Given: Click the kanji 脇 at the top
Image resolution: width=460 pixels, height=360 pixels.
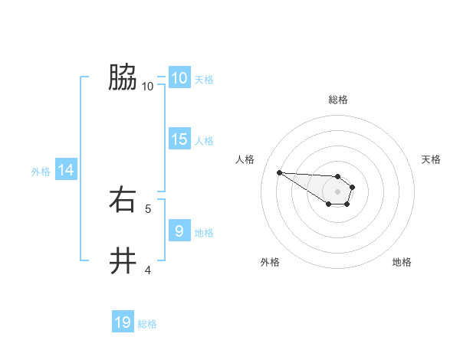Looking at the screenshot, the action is [123, 77].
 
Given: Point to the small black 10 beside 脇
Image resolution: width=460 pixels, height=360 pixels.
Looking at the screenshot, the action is [148, 87].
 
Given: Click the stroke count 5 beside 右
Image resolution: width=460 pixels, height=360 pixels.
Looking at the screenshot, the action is [148, 208].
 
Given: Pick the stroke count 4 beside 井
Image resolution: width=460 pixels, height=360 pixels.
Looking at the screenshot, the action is [148, 270].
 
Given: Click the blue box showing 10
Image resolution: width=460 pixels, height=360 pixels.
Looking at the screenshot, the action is [179, 78].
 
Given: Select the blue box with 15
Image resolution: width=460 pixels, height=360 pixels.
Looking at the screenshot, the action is [179, 139].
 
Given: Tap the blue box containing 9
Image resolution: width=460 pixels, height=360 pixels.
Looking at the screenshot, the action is [179, 230].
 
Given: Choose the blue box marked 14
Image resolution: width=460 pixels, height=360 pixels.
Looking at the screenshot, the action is [66, 171].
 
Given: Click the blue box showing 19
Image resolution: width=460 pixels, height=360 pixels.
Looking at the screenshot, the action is [123, 322].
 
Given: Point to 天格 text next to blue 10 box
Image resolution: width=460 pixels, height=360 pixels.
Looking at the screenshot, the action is [204, 80].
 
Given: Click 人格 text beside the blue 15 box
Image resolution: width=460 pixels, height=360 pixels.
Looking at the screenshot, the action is [204, 141].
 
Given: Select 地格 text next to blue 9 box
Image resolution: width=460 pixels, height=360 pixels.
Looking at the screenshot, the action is [204, 232].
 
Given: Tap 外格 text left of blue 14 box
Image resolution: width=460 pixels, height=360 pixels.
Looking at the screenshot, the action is [41, 172].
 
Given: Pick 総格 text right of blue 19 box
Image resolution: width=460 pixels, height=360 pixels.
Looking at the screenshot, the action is [147, 324].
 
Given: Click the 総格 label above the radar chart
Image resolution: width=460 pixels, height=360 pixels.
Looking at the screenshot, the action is [338, 100].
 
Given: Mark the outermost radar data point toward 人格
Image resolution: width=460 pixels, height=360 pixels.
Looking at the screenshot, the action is [280, 172].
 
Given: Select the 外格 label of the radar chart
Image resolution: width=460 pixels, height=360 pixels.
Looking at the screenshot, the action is [270, 262].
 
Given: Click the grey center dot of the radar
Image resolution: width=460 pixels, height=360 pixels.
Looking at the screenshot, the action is [337, 191].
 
